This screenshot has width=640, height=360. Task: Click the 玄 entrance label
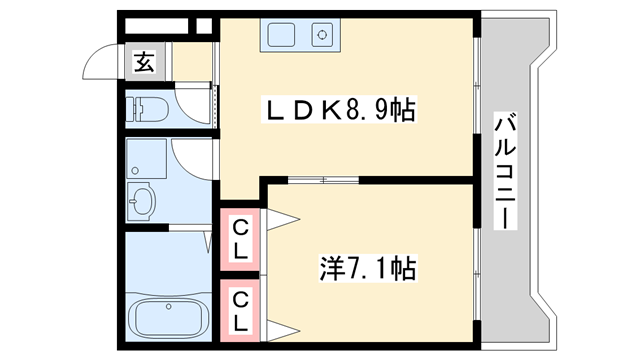(x=144, y=63)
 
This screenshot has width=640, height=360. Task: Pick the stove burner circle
(x=323, y=36)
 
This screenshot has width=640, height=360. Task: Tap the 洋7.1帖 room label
(x=367, y=267)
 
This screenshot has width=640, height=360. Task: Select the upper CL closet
(x=241, y=237)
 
